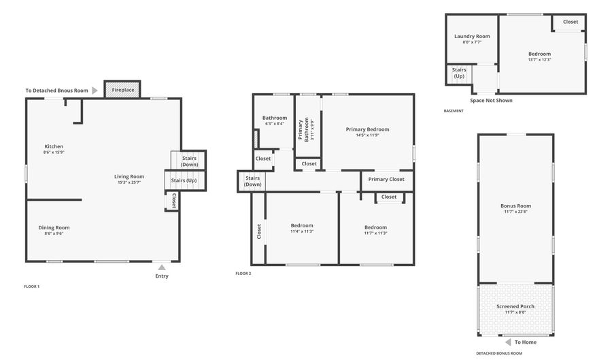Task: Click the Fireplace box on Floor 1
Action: pos(122,90)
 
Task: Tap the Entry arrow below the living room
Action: pos(161,267)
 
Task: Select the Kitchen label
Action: pos(54,146)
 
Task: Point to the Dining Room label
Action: pos(54,227)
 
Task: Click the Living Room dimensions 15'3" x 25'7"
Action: pos(129,182)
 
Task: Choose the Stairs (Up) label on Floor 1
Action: pos(184,180)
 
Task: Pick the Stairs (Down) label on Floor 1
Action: pos(190,161)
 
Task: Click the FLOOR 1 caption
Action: pos(32,287)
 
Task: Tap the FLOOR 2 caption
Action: pos(243,273)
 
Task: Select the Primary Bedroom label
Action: pos(367,129)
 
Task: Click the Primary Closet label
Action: pos(386,179)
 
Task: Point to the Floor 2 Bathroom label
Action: pos(275,118)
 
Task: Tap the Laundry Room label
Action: pos(472,36)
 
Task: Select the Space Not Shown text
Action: pos(491,100)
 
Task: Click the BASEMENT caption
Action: pos(454,111)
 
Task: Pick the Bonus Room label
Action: pos(515,206)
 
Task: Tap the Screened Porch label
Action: pos(515,306)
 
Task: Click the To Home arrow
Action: pos(507,342)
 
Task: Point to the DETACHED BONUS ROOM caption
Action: pos(499,353)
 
